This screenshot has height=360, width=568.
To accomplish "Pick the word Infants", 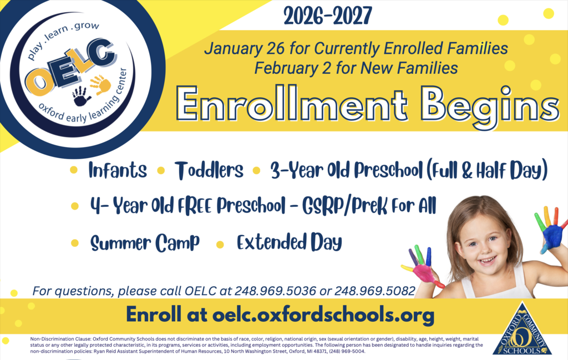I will [118, 170].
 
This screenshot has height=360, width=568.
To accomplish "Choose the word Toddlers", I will [209, 170].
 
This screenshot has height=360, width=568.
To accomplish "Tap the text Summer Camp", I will [144, 243].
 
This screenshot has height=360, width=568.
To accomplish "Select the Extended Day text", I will [289, 243].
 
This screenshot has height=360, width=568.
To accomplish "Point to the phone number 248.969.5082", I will [379, 291].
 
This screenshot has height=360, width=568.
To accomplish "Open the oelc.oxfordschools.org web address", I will [323, 315].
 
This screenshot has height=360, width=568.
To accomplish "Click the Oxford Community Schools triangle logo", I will [523, 329].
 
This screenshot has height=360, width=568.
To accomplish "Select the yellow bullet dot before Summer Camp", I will [74, 243].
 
